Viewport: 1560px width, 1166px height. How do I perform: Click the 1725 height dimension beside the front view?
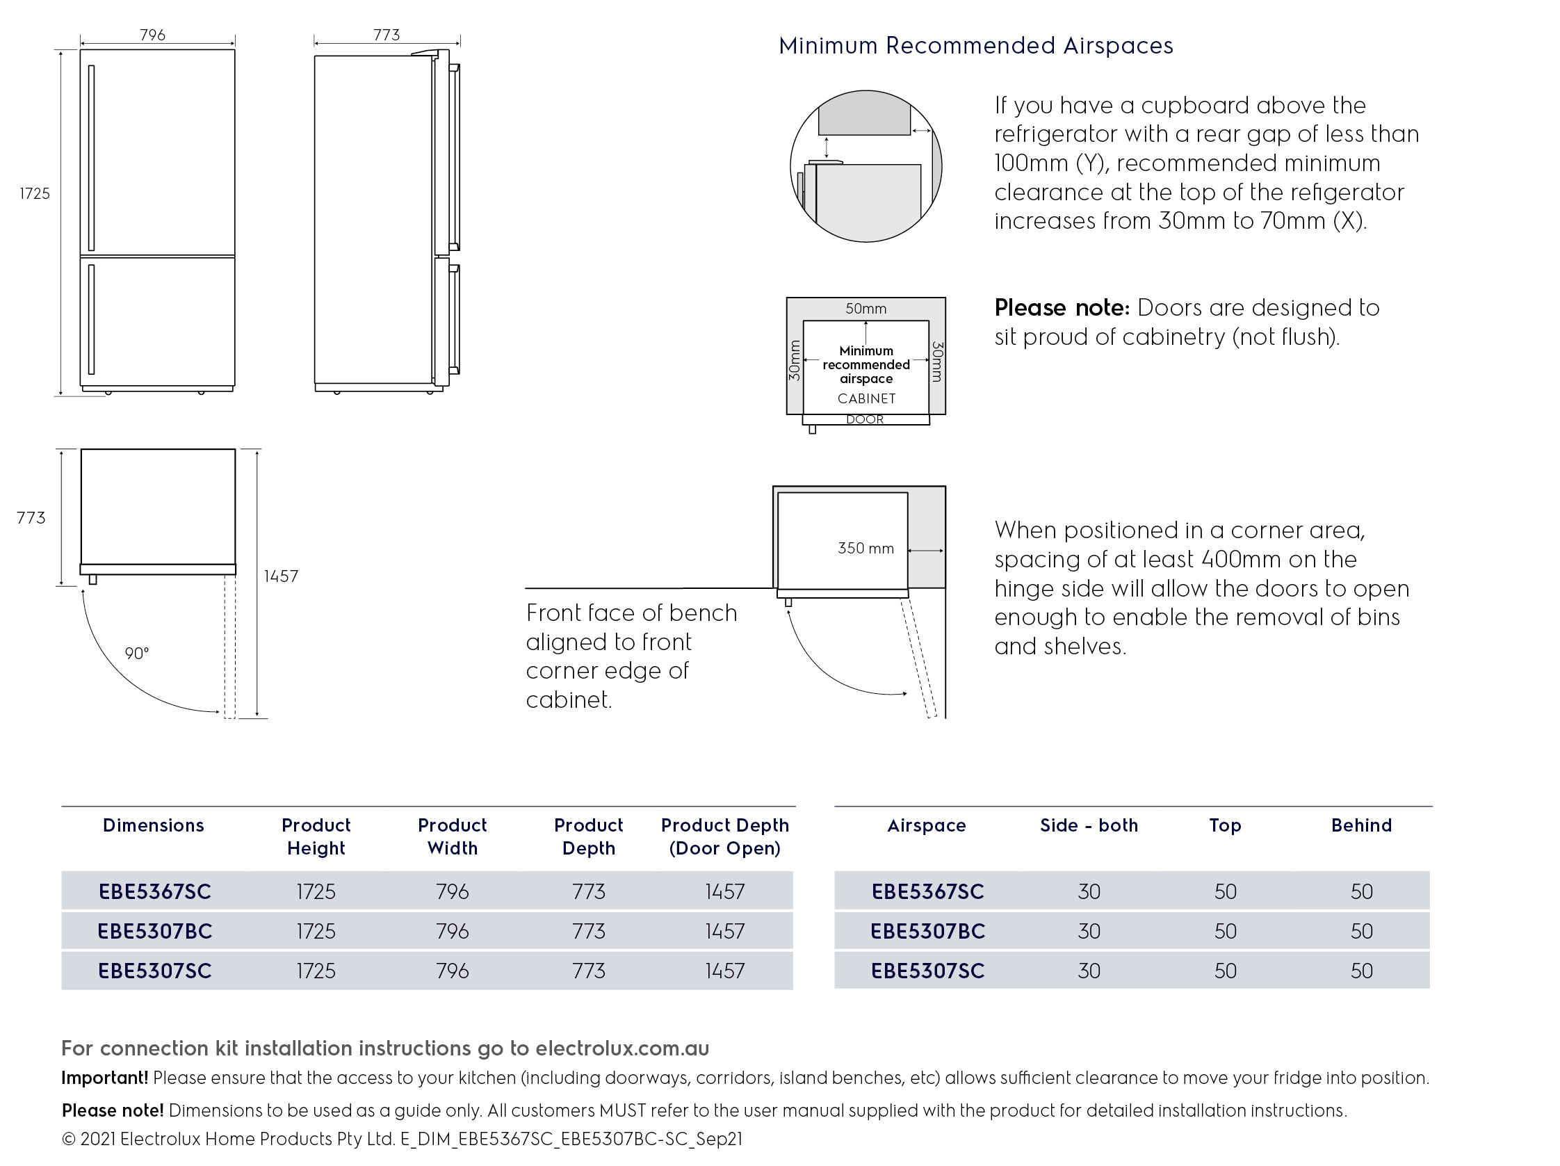pyautogui.click(x=35, y=194)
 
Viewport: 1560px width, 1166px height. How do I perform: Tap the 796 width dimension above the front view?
pyautogui.click(x=152, y=35)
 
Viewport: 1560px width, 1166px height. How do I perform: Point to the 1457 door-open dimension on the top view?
pyautogui.click(x=281, y=576)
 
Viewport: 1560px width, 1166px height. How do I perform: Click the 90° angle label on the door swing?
pyautogui.click(x=137, y=654)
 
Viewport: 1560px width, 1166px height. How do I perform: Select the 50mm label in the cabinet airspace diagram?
pyautogui.click(x=866, y=309)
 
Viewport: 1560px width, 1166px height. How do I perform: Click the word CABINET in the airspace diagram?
pyautogui.click(x=866, y=398)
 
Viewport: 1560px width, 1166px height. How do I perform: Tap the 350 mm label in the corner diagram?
pyautogui.click(x=866, y=548)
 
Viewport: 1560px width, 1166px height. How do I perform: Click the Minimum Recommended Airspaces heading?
pyautogui.click(x=975, y=46)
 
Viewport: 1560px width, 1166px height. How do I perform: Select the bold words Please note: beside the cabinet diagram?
pyautogui.click(x=1062, y=308)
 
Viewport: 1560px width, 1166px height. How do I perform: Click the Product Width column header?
pyautogui.click(x=452, y=836)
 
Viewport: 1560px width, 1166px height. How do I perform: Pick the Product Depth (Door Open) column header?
pyautogui.click(x=724, y=836)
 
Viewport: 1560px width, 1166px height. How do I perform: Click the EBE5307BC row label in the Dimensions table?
pyautogui.click(x=154, y=931)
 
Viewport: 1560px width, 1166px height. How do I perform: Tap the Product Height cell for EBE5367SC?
pyautogui.click(x=316, y=891)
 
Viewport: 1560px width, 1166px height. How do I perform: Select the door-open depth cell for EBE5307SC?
pyautogui.click(x=724, y=971)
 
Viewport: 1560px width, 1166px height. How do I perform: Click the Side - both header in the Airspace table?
pyautogui.click(x=1088, y=825)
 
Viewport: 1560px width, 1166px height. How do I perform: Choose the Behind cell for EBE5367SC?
pyautogui.click(x=1361, y=891)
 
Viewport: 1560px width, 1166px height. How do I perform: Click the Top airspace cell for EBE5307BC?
pyautogui.click(x=1225, y=931)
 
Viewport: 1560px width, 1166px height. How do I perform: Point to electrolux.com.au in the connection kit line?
pyautogui.click(x=622, y=1048)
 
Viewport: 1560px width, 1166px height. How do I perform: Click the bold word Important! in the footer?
pyautogui.click(x=104, y=1078)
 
